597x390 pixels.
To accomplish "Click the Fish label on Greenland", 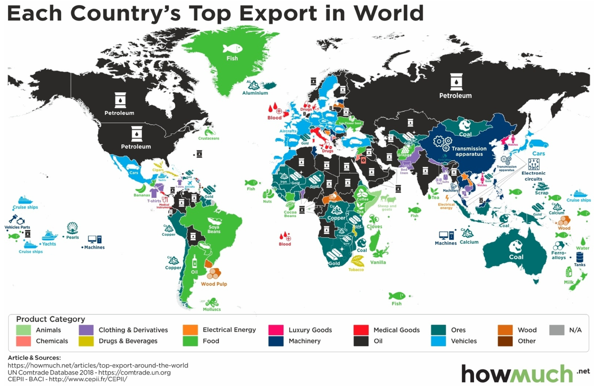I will [232, 58].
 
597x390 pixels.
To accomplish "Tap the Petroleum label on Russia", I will [455, 96].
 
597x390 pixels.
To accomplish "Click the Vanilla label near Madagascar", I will [378, 262].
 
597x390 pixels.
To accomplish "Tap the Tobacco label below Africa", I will [356, 270].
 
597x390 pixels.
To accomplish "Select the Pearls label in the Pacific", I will [73, 237].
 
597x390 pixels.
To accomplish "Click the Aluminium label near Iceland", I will [255, 93].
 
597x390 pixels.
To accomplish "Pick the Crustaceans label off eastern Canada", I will [208, 139].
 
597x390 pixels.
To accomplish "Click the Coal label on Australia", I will [516, 257].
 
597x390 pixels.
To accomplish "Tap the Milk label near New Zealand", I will [569, 282].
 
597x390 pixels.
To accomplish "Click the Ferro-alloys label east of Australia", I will [559, 255].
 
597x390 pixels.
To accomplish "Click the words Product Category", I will [50, 319].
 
